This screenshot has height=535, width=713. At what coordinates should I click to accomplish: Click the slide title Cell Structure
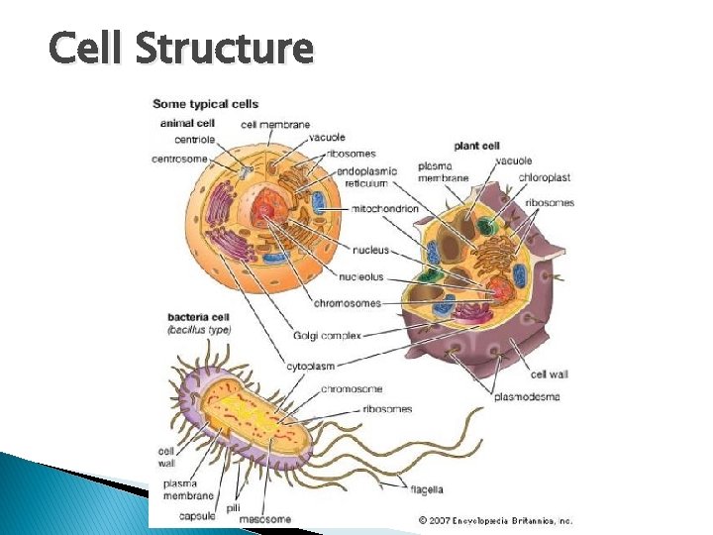click(x=180, y=47)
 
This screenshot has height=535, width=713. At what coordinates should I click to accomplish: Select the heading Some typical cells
click(x=205, y=104)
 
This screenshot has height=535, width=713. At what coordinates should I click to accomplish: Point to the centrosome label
click(x=180, y=159)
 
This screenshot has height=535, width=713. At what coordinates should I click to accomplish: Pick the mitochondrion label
click(x=385, y=209)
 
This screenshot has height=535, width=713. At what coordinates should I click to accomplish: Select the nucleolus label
click(x=360, y=276)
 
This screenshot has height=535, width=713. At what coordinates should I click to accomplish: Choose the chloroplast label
click(x=544, y=178)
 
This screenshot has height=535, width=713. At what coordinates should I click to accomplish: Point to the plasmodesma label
click(x=527, y=397)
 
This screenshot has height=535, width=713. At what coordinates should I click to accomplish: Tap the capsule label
click(x=197, y=516)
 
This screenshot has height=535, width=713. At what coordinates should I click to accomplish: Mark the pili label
click(x=234, y=506)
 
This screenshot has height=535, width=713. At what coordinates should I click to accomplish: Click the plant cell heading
click(x=477, y=146)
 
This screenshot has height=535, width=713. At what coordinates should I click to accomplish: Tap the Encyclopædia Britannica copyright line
click(x=494, y=519)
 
